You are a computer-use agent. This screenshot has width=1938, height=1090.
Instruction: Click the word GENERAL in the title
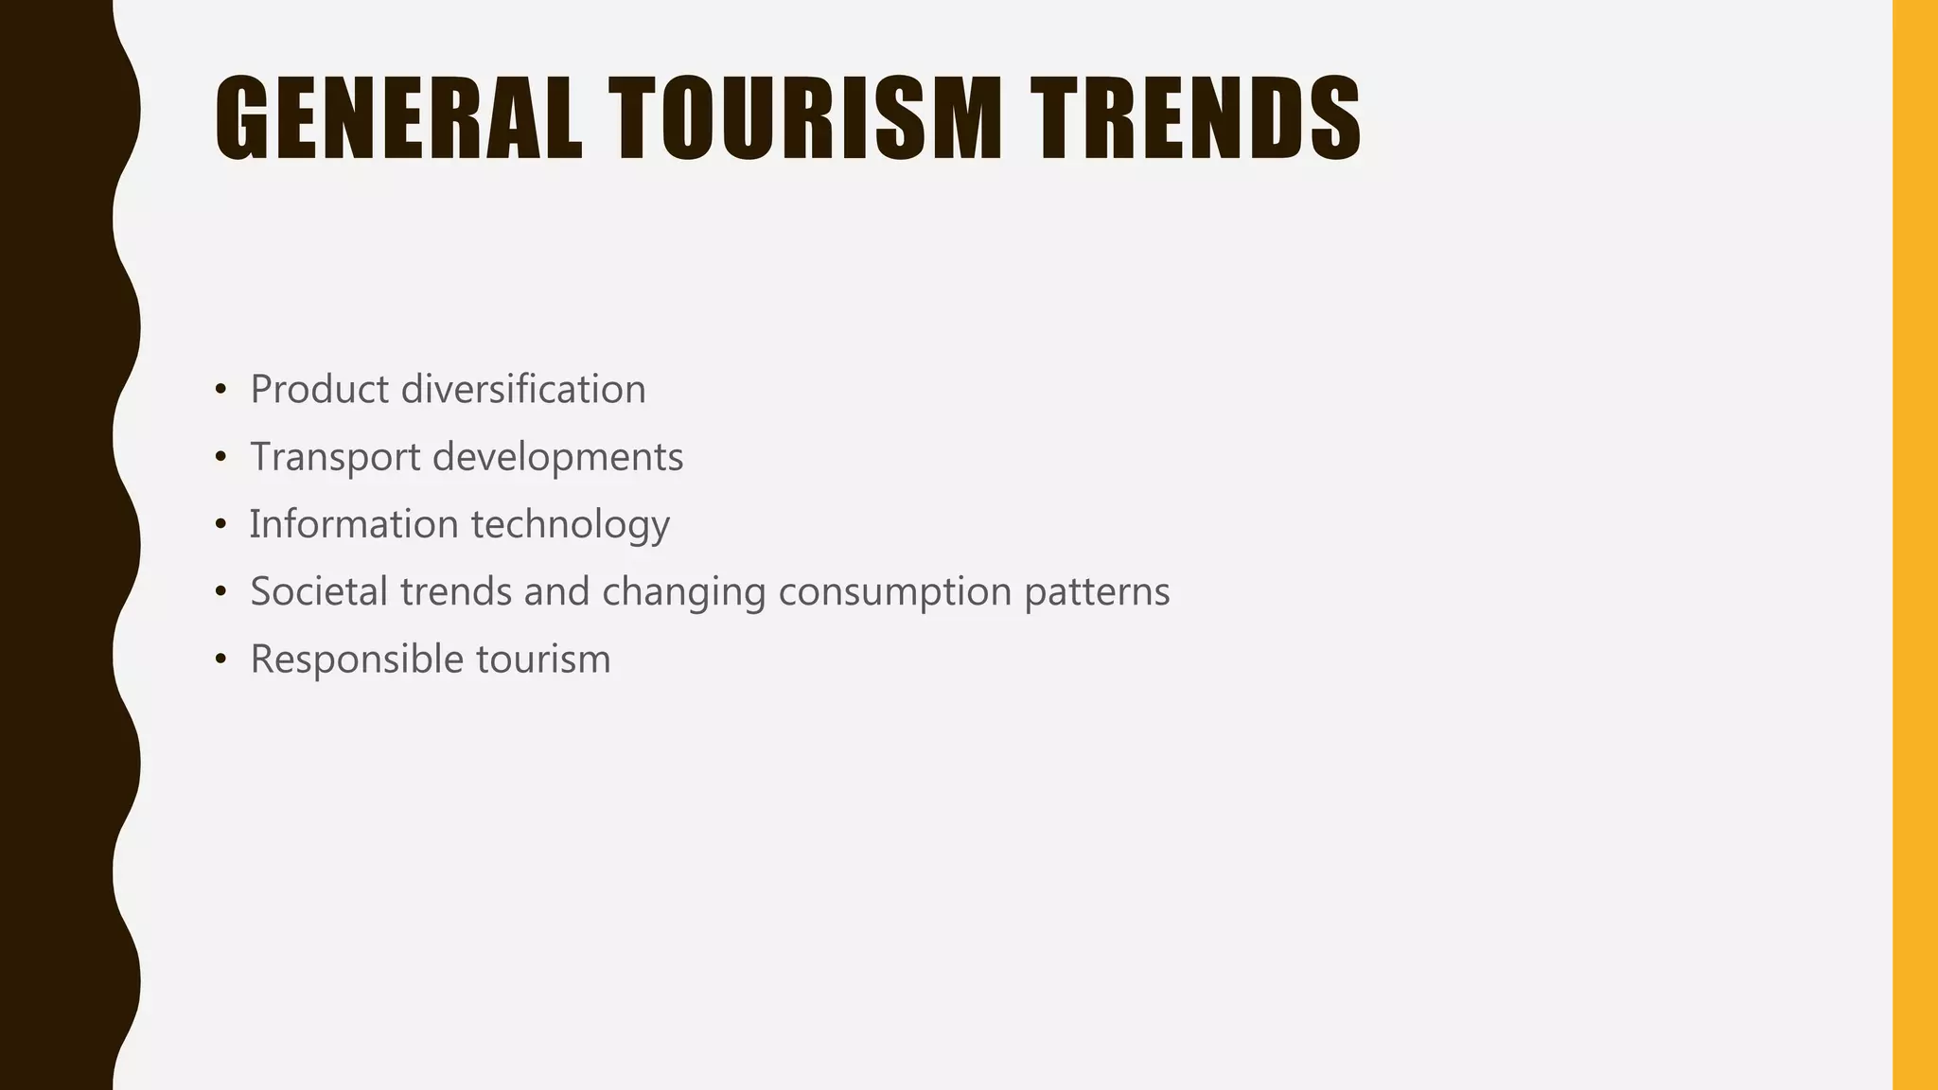pos(398,118)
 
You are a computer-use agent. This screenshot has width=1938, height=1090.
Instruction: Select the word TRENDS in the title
pos(1195,118)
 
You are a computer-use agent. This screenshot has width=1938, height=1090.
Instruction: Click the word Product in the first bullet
pos(319,389)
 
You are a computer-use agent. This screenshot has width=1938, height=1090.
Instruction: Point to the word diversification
pos(523,389)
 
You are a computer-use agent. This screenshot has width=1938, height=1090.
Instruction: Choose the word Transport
pos(335,457)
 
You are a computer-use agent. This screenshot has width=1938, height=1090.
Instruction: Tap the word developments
pos(557,457)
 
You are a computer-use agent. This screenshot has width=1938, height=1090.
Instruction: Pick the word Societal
pos(319,591)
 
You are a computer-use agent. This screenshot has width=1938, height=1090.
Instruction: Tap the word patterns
pos(1097,591)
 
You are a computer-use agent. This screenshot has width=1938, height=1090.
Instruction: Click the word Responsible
pos(357,659)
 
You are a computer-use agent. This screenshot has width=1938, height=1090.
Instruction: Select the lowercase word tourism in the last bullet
pos(543,659)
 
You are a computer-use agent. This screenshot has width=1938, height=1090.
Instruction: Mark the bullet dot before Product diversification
pos(220,390)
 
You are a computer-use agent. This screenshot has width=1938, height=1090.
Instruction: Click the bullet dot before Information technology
pos(220,525)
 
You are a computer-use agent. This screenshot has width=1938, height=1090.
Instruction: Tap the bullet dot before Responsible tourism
pos(220,659)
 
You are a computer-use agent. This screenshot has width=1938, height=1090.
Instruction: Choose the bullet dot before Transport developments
pos(220,458)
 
